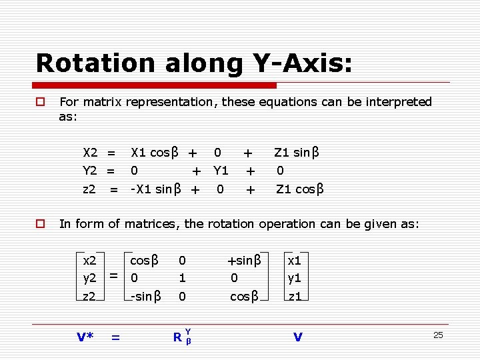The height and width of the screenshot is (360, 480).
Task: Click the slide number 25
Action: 438,335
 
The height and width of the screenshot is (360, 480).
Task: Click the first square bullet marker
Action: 40,102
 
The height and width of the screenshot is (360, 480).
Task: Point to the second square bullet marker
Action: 40,224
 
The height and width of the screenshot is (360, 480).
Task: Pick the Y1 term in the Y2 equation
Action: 221,171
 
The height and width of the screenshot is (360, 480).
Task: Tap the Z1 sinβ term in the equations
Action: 297,153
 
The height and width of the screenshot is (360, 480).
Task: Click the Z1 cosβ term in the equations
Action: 300,189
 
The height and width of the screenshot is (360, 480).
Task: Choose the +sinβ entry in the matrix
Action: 243,259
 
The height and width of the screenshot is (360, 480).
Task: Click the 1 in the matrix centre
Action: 182,277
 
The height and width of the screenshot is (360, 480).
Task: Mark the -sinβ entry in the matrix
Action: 145,296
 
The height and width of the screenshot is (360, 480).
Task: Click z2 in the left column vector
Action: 89,296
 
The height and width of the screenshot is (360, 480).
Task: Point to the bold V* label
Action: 85,337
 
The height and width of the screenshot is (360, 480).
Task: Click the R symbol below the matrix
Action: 178,337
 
